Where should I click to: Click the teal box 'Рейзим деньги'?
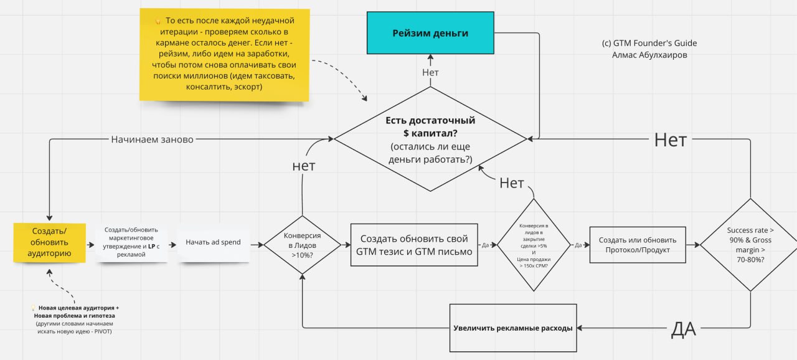[x=430, y=33]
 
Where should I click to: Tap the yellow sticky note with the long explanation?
[x=224, y=55]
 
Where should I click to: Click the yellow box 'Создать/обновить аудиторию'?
[x=49, y=242]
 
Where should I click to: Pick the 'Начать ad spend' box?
[x=213, y=242]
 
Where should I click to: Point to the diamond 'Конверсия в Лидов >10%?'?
[x=303, y=244]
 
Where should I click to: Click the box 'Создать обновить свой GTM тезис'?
[x=414, y=245]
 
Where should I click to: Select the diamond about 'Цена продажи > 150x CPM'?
[x=534, y=245]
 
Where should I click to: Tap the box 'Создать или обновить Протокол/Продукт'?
[x=637, y=245]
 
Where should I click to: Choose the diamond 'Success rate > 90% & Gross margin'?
[x=749, y=245]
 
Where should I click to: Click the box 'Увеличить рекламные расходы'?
[x=512, y=328]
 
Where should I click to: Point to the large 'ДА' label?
[x=683, y=328]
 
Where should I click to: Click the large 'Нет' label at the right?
[x=670, y=140]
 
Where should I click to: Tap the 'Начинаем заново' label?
[x=152, y=140]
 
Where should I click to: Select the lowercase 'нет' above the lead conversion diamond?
[x=303, y=166]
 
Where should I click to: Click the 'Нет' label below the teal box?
[x=430, y=72]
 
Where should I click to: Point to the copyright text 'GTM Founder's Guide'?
[x=649, y=44]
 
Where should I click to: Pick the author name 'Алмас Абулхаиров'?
[x=649, y=55]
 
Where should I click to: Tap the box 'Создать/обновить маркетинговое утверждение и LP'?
[x=131, y=242]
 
